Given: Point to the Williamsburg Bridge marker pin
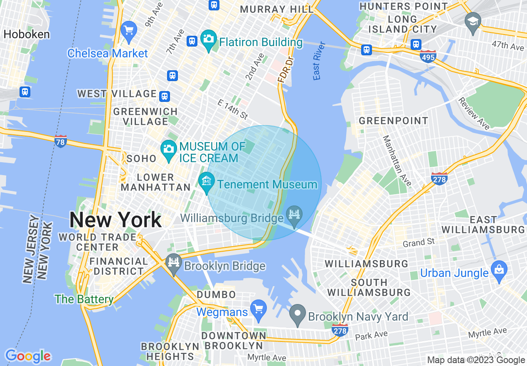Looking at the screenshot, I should (294, 215).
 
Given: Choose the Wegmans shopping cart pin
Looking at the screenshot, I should (259, 309).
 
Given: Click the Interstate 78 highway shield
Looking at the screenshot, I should (61, 141).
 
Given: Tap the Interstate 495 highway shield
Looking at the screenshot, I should (427, 56).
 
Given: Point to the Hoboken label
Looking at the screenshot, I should (27, 34).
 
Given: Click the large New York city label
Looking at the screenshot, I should (116, 220).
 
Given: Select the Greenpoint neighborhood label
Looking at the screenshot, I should (393, 121).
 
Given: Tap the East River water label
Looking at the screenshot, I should (319, 61).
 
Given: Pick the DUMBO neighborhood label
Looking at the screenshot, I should (217, 294).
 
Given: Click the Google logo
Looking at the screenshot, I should (28, 356).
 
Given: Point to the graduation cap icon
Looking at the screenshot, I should (473, 21).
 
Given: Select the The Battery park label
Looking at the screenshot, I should (84, 299).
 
